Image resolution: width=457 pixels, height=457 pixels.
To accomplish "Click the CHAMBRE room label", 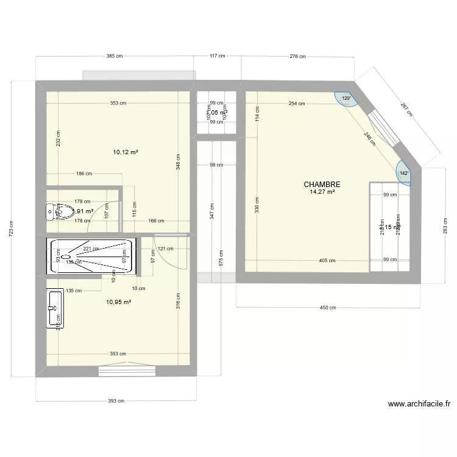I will pos(322,185).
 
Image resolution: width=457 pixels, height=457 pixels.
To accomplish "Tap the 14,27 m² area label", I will pos(322,193).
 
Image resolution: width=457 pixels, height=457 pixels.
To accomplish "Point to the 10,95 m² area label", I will pos(119,302).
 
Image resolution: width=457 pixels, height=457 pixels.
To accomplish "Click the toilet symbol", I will pos(52,211).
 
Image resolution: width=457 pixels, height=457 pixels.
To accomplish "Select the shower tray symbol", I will pos(90,256).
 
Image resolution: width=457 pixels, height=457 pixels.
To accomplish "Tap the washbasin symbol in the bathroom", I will pos(54,308).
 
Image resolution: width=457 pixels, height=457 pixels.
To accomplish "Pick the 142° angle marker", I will pos(404,172).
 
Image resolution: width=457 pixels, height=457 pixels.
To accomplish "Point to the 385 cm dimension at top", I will pos(115,56).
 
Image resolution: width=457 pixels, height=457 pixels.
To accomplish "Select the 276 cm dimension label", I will pos(297,56).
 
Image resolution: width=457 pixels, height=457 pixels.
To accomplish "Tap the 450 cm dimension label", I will pos(328,308).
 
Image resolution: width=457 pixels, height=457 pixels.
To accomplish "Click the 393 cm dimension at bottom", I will pos(116,401).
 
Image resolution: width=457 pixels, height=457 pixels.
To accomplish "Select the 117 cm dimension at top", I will pos(218,56).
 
